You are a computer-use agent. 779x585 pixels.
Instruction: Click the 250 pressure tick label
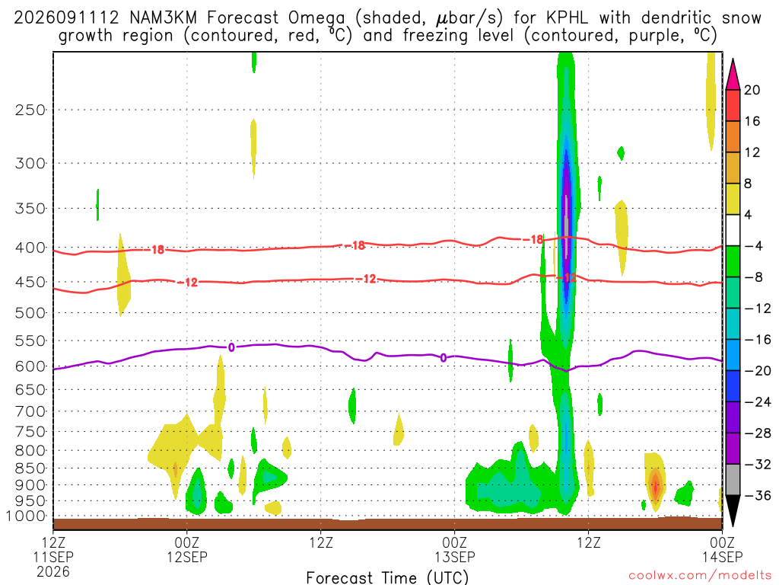pyautogui.click(x=30, y=110)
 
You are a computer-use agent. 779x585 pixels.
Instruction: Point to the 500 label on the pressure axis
pyautogui.click(x=30, y=313)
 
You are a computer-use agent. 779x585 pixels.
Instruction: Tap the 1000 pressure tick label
pyautogui.click(x=26, y=516)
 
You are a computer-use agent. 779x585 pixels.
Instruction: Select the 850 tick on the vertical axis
pyautogui.click(x=30, y=468)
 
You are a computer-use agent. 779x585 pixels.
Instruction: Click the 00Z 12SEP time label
pyautogui.click(x=187, y=549)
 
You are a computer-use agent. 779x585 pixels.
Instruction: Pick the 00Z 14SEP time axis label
pyautogui.click(x=723, y=549)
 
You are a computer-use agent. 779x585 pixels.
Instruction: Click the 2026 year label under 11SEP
pyautogui.click(x=53, y=571)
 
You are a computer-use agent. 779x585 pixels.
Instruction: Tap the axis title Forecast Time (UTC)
pyautogui.click(x=387, y=577)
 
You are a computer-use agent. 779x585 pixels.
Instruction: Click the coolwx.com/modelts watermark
pyautogui.click(x=700, y=576)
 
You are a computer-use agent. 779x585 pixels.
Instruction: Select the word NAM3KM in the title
pyautogui.click(x=163, y=18)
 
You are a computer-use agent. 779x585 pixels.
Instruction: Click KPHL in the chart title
pyautogui.click(x=567, y=18)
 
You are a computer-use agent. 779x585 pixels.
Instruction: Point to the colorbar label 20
pyautogui.click(x=752, y=90)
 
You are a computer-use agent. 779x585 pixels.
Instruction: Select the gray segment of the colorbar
pyautogui.click(x=733, y=480)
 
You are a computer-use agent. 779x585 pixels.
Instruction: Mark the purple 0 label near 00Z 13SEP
pyautogui.click(x=444, y=358)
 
